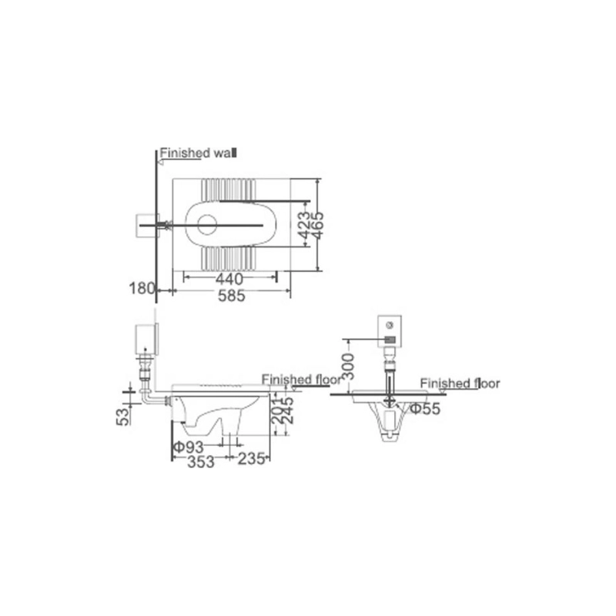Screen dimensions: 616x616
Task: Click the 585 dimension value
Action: [232, 296]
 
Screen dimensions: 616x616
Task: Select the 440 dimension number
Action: [229, 280]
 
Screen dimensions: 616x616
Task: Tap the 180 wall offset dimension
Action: [142, 288]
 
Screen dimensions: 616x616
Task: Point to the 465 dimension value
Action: [316, 225]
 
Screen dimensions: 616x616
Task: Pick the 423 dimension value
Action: [303, 225]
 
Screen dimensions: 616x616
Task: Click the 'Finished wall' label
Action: [199, 152]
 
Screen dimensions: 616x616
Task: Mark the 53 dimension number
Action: [122, 417]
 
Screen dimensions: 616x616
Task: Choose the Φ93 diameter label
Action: [189, 447]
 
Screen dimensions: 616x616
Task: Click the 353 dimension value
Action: [201, 462]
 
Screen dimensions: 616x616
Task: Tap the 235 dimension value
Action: [252, 458]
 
